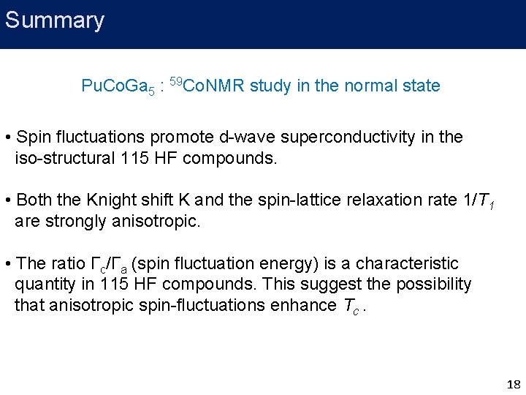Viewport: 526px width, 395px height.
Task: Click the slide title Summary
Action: pos(55,20)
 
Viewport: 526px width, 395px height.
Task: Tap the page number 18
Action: pos(513,384)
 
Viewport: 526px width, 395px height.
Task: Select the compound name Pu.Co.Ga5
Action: pos(118,87)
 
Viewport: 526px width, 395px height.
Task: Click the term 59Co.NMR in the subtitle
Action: pos(207,86)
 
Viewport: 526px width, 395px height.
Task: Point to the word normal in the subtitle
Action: pos(365,86)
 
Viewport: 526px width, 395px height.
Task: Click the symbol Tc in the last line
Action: pos(351,306)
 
